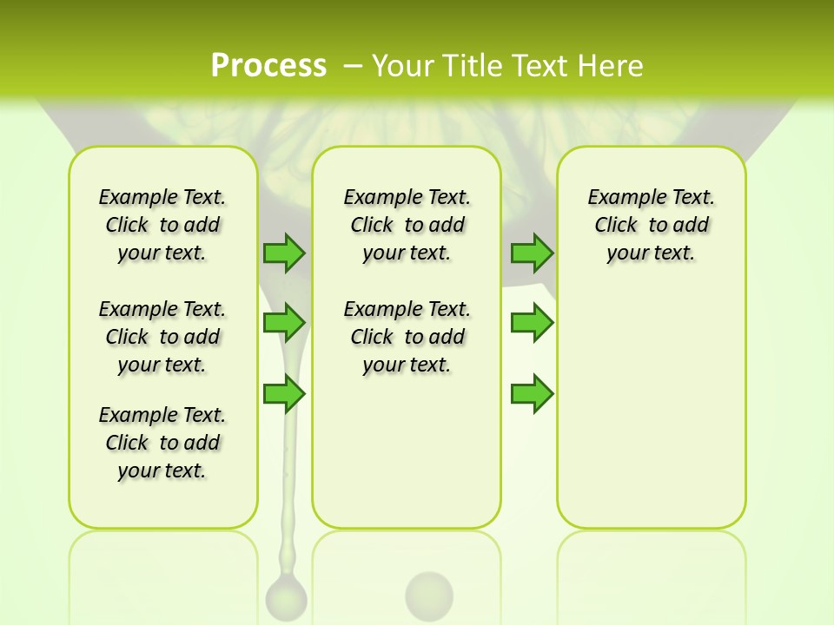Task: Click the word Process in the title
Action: (268, 65)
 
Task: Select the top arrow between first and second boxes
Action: (284, 253)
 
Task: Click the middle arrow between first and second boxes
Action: (284, 323)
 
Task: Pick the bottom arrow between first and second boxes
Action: (284, 394)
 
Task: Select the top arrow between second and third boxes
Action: (532, 253)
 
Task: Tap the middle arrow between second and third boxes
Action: (532, 323)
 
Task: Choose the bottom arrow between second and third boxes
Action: (532, 394)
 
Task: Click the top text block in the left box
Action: (162, 225)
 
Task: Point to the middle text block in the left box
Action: (162, 337)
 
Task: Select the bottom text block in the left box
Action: (162, 443)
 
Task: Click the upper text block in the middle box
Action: (407, 225)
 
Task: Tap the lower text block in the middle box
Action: (407, 337)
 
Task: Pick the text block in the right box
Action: (651, 225)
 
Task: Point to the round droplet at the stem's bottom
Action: (286, 596)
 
